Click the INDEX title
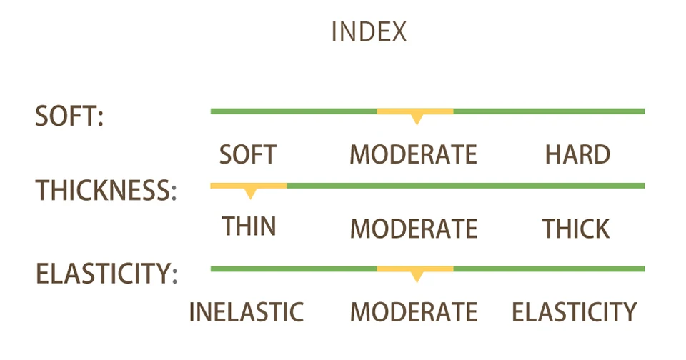(x=369, y=32)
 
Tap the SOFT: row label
(x=69, y=116)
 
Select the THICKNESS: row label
(x=106, y=190)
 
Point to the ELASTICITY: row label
(x=106, y=274)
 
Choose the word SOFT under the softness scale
(x=248, y=154)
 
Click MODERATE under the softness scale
(x=414, y=154)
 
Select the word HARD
(x=577, y=154)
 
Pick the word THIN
(x=249, y=226)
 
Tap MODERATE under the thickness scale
(x=414, y=229)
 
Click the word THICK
(x=576, y=229)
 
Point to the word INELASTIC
(x=247, y=312)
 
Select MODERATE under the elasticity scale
(x=414, y=312)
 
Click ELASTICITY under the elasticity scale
(x=575, y=312)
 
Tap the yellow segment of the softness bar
(x=414, y=111)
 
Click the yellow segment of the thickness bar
(x=249, y=186)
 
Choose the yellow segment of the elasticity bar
(x=414, y=269)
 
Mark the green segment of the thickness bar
(x=466, y=186)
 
